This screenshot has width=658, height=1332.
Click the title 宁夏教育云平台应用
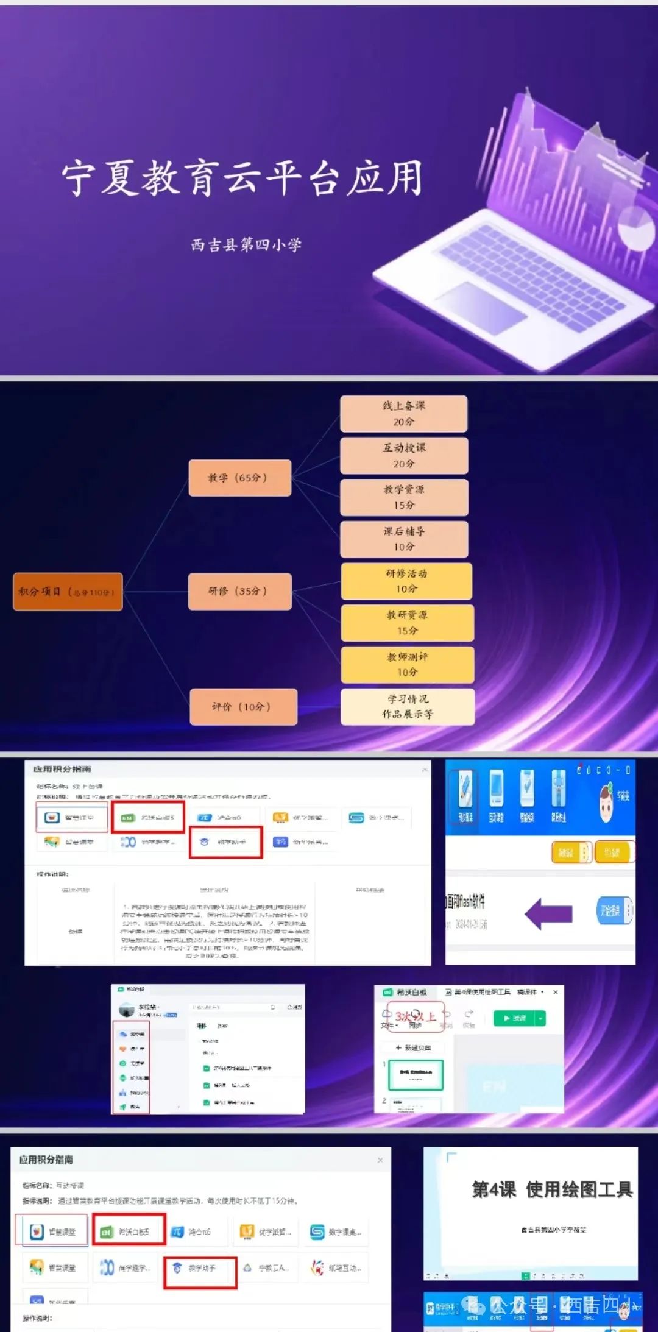[242, 178]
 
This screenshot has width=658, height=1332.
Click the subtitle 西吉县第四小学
[246, 245]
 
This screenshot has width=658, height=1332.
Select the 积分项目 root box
[68, 592]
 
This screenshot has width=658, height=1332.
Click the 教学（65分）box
[239, 478]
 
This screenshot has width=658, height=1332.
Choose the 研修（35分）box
[239, 591]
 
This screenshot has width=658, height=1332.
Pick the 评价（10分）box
[243, 707]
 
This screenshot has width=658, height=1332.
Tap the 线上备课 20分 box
[404, 414]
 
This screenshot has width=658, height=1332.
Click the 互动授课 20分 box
[404, 455]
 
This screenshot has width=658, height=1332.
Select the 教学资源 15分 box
[404, 497]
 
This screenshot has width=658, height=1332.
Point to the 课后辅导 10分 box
[404, 539]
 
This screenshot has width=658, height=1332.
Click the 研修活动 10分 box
[406, 581]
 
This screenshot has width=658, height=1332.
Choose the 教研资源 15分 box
[407, 623]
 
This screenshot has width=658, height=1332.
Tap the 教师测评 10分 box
[407, 664]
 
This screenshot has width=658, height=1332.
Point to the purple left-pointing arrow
[548, 913]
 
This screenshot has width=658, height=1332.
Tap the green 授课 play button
[514, 1018]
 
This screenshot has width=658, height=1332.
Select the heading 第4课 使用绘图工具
[552, 1189]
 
